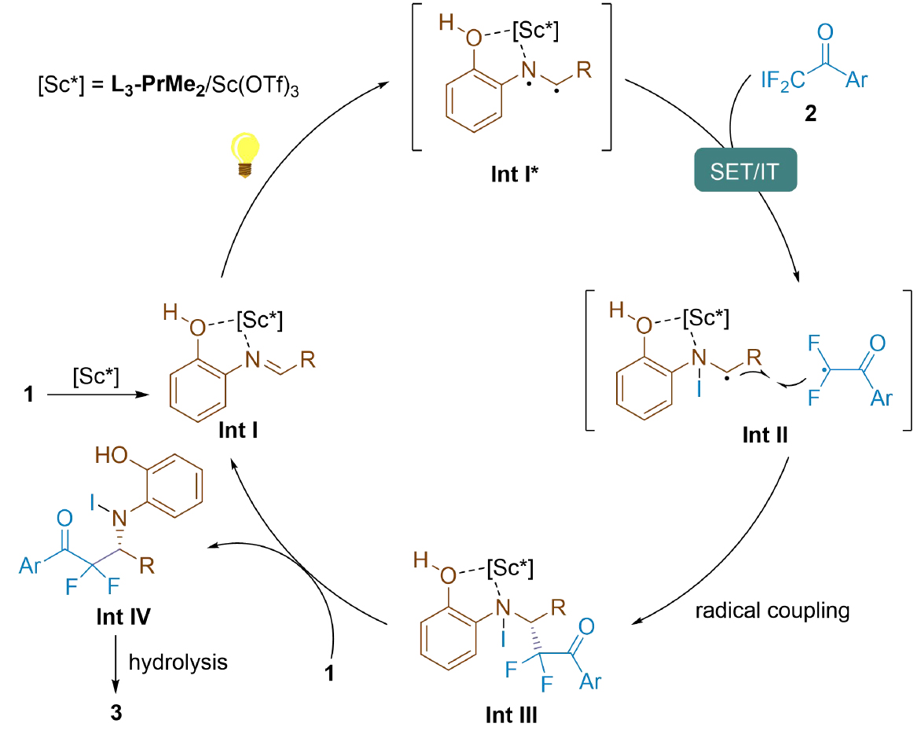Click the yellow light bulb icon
pyautogui.click(x=244, y=155)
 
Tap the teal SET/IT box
pyautogui.click(x=744, y=171)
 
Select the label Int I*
pyautogui.click(x=512, y=173)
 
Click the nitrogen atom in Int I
pyautogui.click(x=251, y=360)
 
